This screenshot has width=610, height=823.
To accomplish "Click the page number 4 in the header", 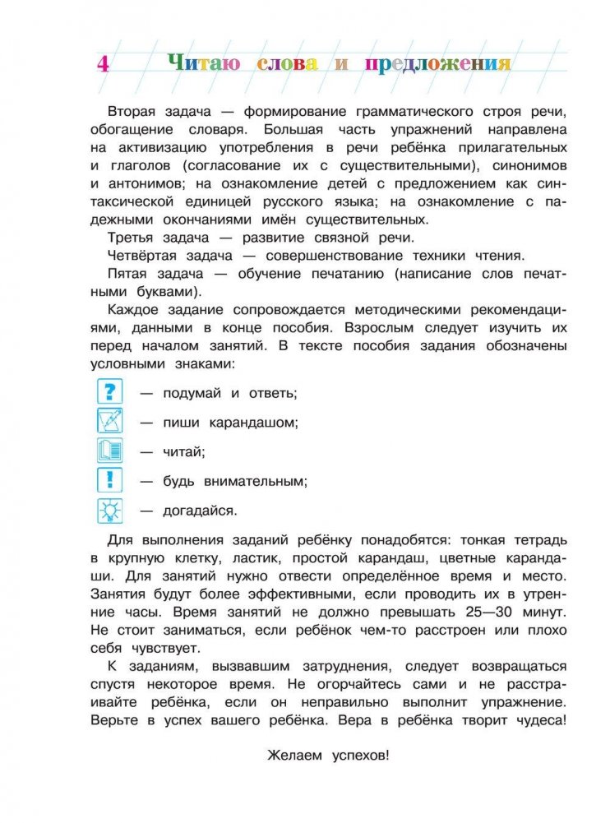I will (103, 63).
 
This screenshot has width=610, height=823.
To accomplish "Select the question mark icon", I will (109, 391).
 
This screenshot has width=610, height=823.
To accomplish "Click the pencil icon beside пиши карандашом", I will (109, 421).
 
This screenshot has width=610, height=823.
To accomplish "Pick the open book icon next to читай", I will (109, 451).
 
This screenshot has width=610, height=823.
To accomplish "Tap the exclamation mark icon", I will (109, 480).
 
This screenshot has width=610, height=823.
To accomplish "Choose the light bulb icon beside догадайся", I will (109, 510).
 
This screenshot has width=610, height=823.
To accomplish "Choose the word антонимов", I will (146, 183).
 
